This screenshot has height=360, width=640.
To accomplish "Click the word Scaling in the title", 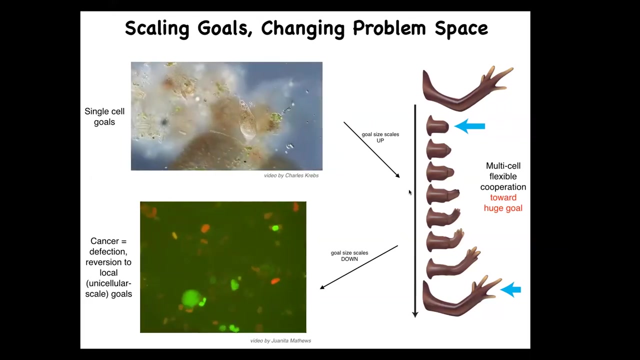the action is click(x=157, y=29).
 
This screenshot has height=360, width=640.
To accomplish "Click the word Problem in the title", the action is click(x=389, y=28).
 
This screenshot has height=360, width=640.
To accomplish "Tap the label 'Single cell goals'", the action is click(x=104, y=116).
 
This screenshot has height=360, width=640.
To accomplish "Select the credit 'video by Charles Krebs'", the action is click(x=291, y=175).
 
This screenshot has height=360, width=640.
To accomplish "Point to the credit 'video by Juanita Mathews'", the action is click(x=280, y=340).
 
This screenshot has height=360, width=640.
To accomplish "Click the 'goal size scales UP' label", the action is click(x=380, y=137).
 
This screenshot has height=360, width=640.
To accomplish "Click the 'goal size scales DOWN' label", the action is click(x=349, y=256).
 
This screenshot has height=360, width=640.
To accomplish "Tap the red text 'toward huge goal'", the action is click(x=503, y=203).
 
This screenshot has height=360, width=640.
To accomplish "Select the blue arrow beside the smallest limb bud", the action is click(x=469, y=126).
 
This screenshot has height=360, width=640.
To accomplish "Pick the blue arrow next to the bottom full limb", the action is click(x=510, y=289).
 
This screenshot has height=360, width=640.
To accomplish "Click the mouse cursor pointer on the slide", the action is click(x=410, y=192).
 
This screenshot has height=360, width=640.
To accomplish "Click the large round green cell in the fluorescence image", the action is click(x=190, y=298).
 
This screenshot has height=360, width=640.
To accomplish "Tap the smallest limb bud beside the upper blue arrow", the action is click(x=437, y=125).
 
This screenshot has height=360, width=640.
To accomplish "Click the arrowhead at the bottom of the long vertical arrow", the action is click(x=415, y=314).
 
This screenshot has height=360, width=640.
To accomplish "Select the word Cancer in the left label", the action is click(x=104, y=241).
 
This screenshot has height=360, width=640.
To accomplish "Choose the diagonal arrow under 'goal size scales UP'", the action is click(x=371, y=150).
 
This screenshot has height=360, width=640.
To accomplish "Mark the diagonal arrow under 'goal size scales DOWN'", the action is click(x=359, y=267).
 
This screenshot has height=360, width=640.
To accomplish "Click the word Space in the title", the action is click(x=461, y=29).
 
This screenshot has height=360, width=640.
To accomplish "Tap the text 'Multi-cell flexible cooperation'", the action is click(x=503, y=176).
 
